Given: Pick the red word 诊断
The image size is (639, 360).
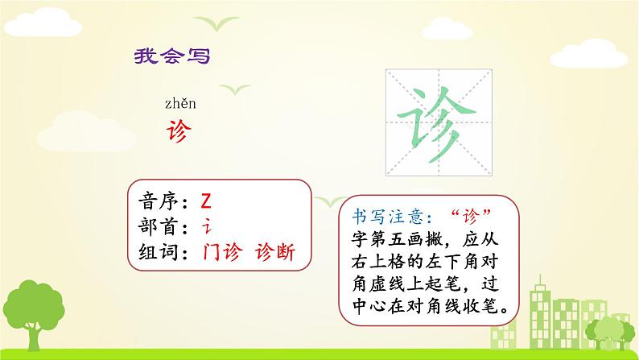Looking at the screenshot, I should click(x=274, y=252).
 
